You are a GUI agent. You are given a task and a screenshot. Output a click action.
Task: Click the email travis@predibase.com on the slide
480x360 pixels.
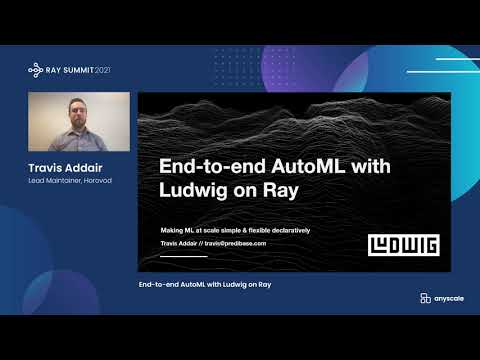pyautogui.click(x=234, y=243)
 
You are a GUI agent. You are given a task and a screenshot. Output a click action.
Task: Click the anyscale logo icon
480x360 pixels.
pyautogui.click(x=412, y=298)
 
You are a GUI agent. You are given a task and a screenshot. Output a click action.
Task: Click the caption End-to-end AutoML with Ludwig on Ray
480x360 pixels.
pyautogui.click(x=205, y=286)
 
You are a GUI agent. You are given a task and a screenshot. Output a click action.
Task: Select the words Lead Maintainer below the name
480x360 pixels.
pyautogui.click(x=54, y=181)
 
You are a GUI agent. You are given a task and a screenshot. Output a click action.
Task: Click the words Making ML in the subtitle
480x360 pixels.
pyautogui.click(x=178, y=230)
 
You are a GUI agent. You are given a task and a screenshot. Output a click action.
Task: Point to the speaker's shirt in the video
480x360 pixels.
pyautogui.click(x=78, y=140)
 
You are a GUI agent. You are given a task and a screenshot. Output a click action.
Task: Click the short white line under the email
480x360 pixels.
pyautogui.click(x=184, y=256)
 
